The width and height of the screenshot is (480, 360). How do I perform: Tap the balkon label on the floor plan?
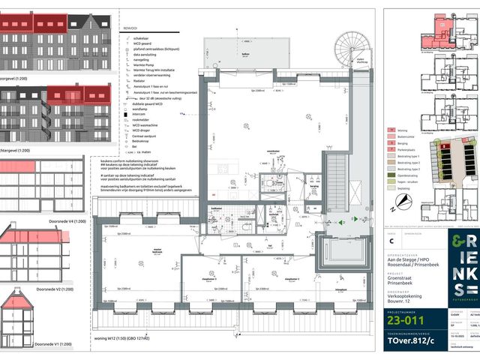244,54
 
